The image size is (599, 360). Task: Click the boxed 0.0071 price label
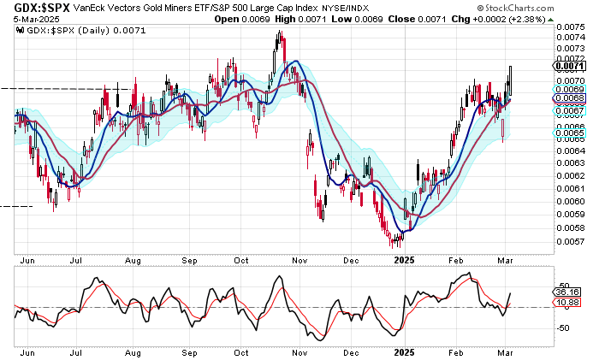click(x=569, y=66)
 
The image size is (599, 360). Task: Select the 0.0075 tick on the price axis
click(x=569, y=27)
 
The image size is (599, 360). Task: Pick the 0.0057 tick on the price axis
click(x=569, y=241)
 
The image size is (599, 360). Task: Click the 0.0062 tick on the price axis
click(x=569, y=175)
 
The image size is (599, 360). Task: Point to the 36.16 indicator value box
click(x=569, y=292)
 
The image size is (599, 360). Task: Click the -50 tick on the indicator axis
click(x=566, y=328)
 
